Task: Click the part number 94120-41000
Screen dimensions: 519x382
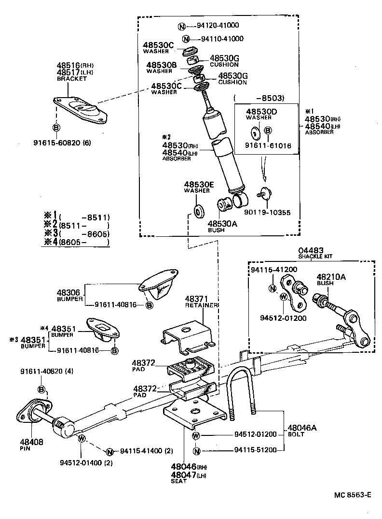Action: pyautogui.click(x=218, y=26)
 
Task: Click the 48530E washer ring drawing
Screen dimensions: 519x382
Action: pyautogui.click(x=197, y=212)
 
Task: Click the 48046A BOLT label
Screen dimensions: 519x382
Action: pyautogui.click(x=301, y=430)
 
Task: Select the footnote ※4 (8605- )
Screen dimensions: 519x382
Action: pyautogui.click(x=76, y=242)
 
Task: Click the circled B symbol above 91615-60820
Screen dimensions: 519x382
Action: pyautogui.click(x=56, y=128)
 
